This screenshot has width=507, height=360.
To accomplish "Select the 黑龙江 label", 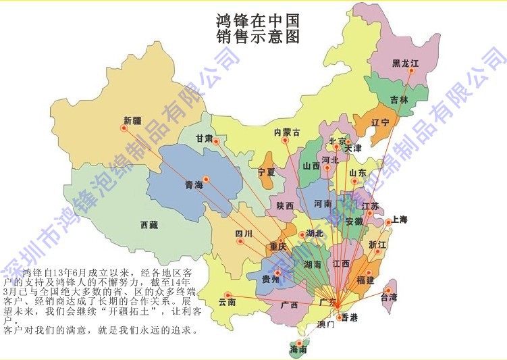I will point(405,63).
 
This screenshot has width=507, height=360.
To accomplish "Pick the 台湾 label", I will point(390,296).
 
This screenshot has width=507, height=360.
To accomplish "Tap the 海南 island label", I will point(298,350).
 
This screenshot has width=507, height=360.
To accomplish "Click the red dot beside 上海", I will point(388,222).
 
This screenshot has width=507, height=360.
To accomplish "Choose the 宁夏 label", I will point(267,172).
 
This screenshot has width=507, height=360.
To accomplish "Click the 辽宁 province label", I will point(381,123).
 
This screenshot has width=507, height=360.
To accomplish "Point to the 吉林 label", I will point(399,99).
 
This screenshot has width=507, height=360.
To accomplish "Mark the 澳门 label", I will point(325,325).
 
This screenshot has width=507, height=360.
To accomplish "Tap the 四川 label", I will point(243,234).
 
